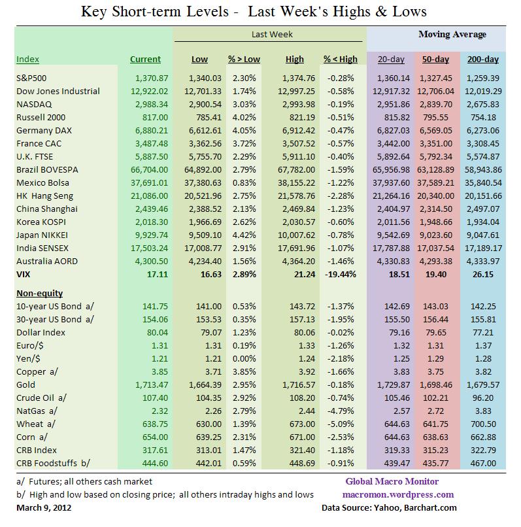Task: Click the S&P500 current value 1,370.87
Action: point(147,78)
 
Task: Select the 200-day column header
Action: point(482,59)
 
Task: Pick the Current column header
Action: point(145,59)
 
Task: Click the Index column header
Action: point(27,59)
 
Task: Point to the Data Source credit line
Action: point(389,508)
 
